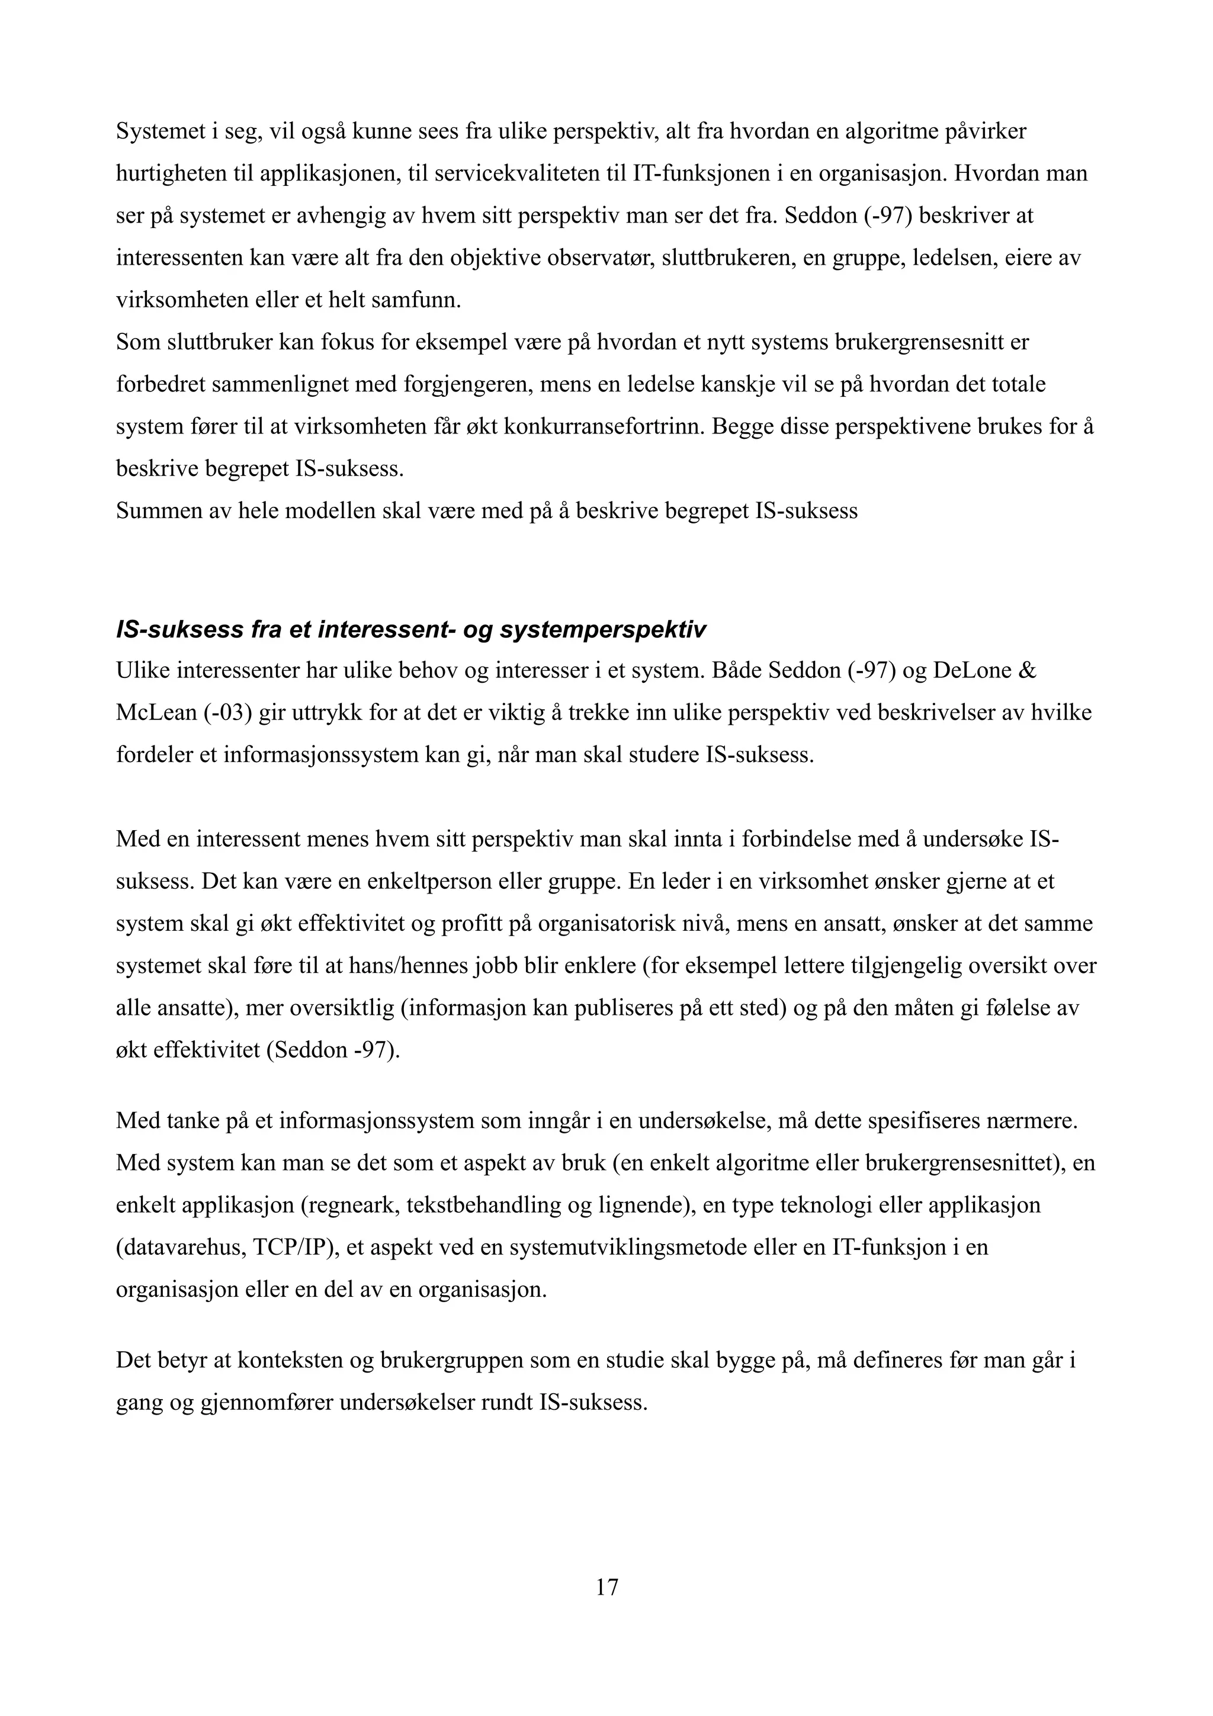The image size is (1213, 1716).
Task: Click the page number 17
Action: pyautogui.click(x=606, y=1587)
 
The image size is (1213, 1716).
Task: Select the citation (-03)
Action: pyautogui.click(x=229, y=712)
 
